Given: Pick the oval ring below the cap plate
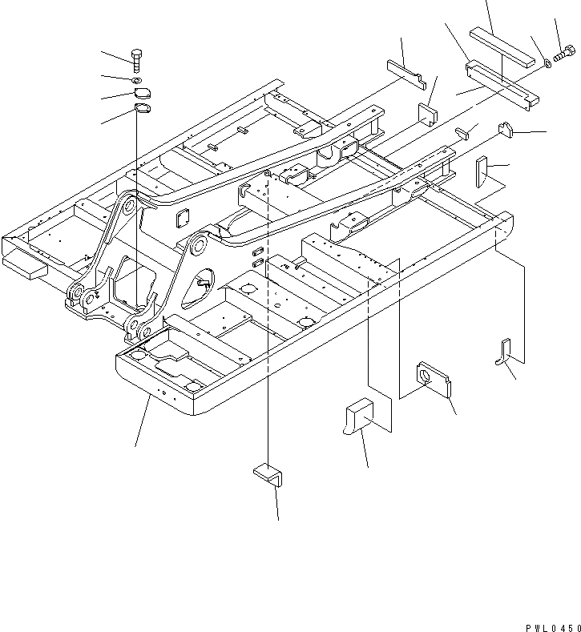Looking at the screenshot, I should [142, 108].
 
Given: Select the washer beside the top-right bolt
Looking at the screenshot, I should [547, 63].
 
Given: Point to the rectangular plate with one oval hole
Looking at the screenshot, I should [434, 380].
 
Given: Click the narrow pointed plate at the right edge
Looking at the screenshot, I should [482, 172].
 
